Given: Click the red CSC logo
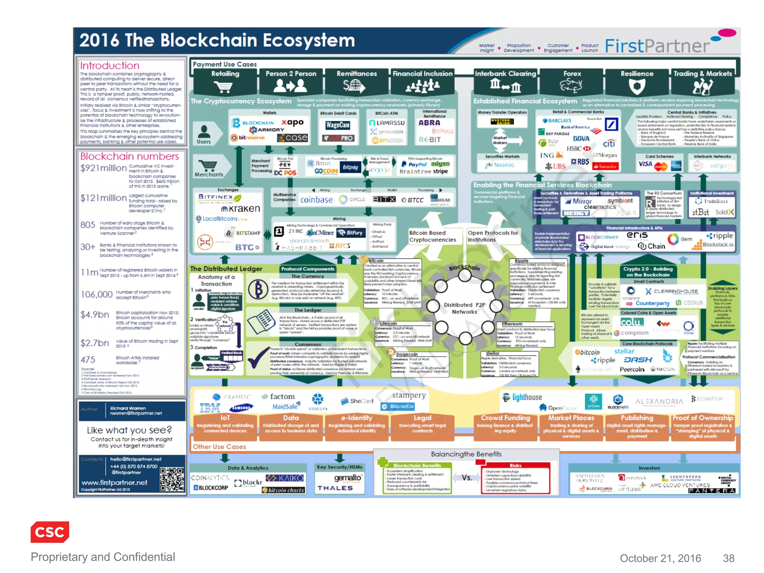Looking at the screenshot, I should click(50, 532).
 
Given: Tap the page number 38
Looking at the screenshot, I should click(728, 558).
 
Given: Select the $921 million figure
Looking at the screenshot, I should click(103, 168).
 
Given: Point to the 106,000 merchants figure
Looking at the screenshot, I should click(97, 295).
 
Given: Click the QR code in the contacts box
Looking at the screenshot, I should click(172, 479).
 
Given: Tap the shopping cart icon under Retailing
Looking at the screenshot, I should click(224, 87).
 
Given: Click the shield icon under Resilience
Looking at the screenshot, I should click(637, 87).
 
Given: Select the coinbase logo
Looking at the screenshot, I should click(316, 200).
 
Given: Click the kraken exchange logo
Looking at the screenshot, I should click(241, 209).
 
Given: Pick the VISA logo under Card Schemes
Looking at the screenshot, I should click(645, 164).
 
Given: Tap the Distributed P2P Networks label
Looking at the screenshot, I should click(464, 308).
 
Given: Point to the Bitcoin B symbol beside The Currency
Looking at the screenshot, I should click(258, 289).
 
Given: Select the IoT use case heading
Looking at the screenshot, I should click(225, 418).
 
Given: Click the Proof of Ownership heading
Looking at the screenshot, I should click(702, 418).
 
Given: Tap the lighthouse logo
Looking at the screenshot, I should click(522, 397).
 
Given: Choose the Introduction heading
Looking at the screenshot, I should click(110, 66).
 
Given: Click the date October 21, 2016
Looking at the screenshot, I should click(660, 558).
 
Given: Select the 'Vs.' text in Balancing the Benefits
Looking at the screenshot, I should click(467, 477).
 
